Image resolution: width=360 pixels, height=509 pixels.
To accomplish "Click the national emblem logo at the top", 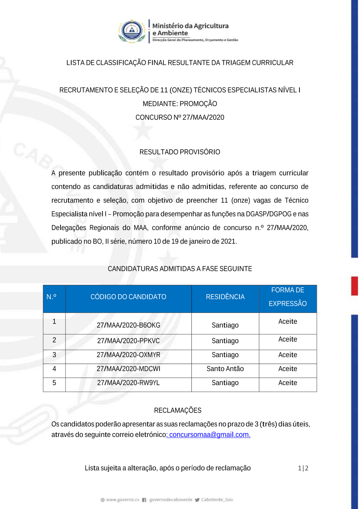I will click(x=132, y=31).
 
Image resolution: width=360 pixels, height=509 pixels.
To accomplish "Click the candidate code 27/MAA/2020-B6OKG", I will click(x=128, y=325).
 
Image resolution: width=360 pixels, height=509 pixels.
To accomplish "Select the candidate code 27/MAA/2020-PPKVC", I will click(x=128, y=341).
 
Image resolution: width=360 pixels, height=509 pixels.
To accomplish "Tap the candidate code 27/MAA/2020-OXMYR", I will click(x=128, y=355).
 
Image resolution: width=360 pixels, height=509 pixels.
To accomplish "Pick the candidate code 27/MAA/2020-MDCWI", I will click(x=128, y=369).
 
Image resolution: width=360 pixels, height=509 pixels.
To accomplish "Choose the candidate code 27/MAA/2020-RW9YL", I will click(x=128, y=383).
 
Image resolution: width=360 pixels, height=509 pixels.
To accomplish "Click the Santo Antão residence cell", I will click(x=225, y=369).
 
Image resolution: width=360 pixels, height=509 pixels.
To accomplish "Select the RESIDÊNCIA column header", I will click(x=225, y=297).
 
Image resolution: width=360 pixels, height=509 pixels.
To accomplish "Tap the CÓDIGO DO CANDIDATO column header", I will click(x=128, y=297).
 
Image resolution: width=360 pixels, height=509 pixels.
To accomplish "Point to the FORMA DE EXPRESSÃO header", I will click(x=288, y=297).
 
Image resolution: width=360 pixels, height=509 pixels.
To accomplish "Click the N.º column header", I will click(x=51, y=297).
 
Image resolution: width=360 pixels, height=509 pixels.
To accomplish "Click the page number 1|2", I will click(x=303, y=468).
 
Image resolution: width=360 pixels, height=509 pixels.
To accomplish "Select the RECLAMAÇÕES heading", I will click(x=177, y=410).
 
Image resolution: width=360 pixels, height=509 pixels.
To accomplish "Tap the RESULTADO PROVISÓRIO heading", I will click(x=180, y=152).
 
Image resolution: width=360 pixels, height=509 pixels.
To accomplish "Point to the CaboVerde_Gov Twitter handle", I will click(x=217, y=500).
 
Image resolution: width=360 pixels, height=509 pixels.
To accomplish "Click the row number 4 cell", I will click(x=54, y=369).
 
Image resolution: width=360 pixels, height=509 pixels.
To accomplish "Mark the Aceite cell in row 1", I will click(x=288, y=321).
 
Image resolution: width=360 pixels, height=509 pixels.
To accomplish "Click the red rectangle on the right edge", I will click(x=355, y=286).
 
